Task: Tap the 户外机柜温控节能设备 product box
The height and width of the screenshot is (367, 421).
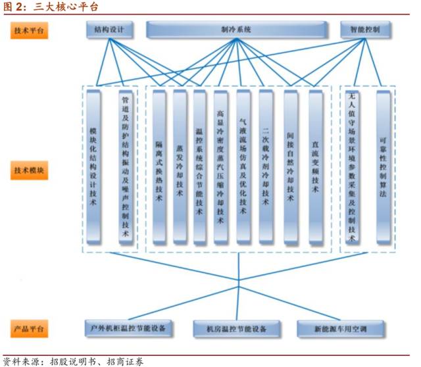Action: [129, 328]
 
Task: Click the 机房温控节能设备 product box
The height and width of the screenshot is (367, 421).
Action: [237, 328]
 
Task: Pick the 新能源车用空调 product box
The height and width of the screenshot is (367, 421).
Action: [340, 328]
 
